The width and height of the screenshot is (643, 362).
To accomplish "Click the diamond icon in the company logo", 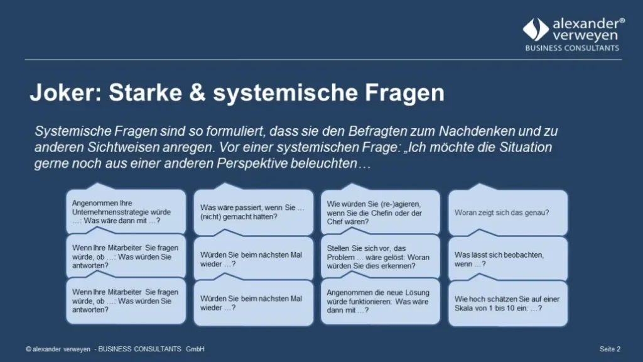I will [x=536, y=30].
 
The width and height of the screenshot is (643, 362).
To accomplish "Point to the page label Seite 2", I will [x=610, y=349].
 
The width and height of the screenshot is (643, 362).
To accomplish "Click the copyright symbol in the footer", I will [x=29, y=349].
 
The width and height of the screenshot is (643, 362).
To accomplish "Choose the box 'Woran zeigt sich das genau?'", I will [x=507, y=212].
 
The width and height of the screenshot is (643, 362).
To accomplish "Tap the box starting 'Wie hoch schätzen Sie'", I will [x=507, y=304].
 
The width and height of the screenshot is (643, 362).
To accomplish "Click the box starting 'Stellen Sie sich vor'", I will [x=380, y=257].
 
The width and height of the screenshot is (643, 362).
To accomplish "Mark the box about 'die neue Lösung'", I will [x=380, y=301].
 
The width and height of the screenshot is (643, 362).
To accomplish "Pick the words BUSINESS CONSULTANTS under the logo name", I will [x=571, y=48].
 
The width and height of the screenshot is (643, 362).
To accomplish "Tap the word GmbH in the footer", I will [x=195, y=349].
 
